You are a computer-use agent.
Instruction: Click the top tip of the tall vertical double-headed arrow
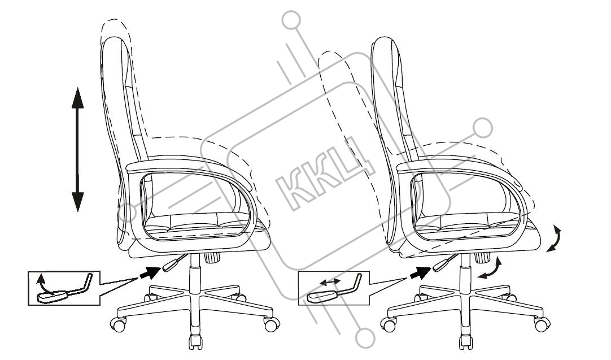pyautogui.click(x=78, y=88)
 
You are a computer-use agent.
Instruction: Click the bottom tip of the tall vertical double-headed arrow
pyautogui.click(x=78, y=212)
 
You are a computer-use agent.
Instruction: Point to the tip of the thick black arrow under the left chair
pyautogui.click(x=160, y=268)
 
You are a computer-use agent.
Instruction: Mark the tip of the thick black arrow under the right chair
pyautogui.click(x=431, y=268)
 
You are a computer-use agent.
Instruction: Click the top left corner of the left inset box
pyautogui.click(x=28, y=271)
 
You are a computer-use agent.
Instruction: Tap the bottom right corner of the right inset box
pyautogui.click(x=369, y=305)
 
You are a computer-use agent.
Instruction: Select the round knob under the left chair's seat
pyautogui.click(x=212, y=257)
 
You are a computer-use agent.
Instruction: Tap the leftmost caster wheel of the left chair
pyautogui.click(x=118, y=324)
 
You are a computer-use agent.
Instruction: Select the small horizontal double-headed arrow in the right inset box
pyautogui.click(x=330, y=281)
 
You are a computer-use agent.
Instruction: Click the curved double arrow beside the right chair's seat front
pyautogui.click(x=555, y=238)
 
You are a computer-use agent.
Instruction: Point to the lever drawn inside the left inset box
pyautogui.click(x=64, y=289)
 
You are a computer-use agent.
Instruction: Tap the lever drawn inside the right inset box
pyautogui.click(x=334, y=289)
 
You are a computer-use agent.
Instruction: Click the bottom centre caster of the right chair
pyautogui.click(x=466, y=342)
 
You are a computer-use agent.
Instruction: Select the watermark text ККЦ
pyautogui.click(x=325, y=174)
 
